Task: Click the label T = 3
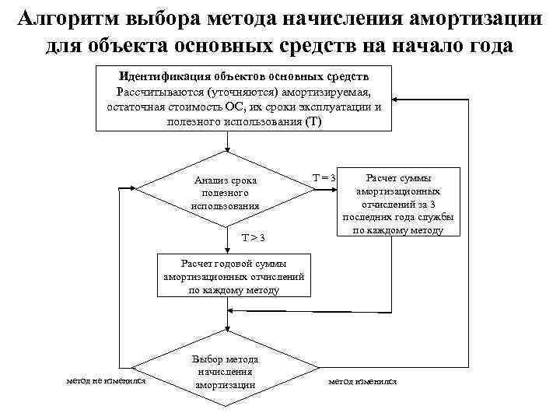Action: (324, 178)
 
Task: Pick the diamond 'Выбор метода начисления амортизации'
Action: (226, 372)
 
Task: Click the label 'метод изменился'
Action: (362, 382)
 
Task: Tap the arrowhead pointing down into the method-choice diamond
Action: (226, 331)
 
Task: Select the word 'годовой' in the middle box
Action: (237, 263)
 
